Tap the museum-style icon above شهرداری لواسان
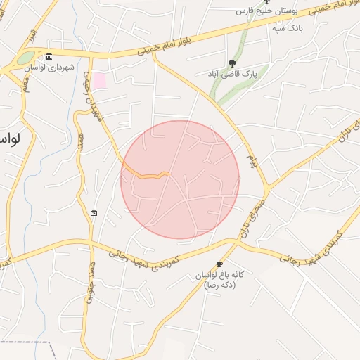coord(49,57)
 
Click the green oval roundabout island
coord(27,58)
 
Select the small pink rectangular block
coord(100,80)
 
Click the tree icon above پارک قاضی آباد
coord(233,63)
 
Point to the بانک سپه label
coord(274,28)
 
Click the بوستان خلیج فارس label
coord(266,12)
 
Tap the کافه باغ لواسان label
coord(219,276)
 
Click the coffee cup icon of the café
coord(220,264)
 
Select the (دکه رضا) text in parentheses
coord(219,286)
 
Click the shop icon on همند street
coord(94,212)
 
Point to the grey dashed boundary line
coord(28,342)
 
